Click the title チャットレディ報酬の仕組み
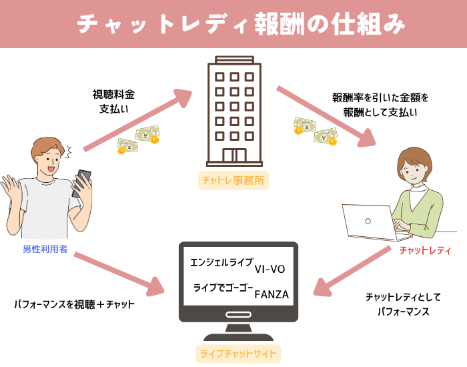point(241,24)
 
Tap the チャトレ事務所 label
point(233,181)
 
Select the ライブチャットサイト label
point(238,354)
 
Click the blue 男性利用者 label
point(45,249)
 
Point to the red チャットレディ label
point(425,250)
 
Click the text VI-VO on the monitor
point(270,270)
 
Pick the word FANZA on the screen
point(272,295)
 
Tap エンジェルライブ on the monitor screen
point(222,262)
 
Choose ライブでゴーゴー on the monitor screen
point(223,288)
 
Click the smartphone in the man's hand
point(81,183)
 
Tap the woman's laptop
point(377,222)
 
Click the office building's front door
point(235,155)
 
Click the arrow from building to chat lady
point(326,117)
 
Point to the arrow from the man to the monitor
point(119,274)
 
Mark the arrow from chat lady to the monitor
point(352,271)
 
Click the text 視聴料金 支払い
point(113,101)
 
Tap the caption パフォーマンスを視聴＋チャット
point(75,304)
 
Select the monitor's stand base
point(238,336)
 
